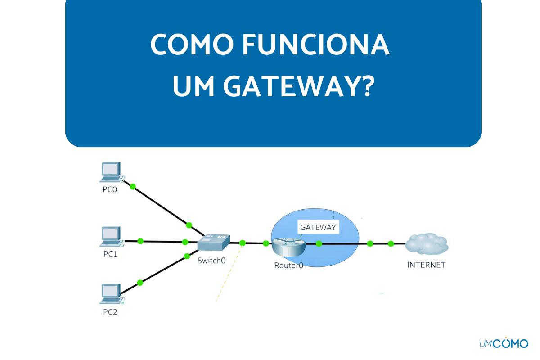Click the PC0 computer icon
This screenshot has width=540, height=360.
[x=111, y=172]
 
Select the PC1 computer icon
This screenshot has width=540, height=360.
[x=111, y=237]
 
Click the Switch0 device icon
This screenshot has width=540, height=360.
[x=213, y=243]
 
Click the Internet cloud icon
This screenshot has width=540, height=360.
[x=427, y=244]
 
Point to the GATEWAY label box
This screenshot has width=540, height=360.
[x=318, y=227]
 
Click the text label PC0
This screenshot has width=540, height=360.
[x=110, y=189]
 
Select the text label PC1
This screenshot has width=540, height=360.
[x=110, y=254]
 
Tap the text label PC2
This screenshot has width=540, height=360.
[x=110, y=312]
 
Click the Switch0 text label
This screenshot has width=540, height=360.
[x=211, y=260]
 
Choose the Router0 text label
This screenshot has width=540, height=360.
[x=288, y=265]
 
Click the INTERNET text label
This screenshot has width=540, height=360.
[x=426, y=265]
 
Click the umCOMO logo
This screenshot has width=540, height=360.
[x=504, y=343]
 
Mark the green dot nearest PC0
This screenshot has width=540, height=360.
[x=133, y=186]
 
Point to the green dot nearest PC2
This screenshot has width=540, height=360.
[x=140, y=283]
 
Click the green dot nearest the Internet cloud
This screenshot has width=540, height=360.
[x=391, y=244]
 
